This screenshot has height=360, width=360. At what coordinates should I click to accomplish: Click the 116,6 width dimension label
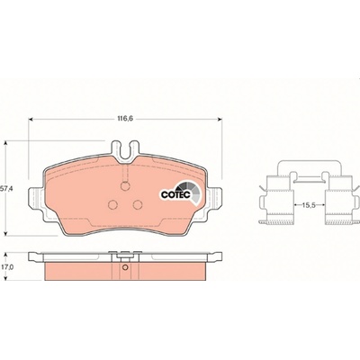point(124,119)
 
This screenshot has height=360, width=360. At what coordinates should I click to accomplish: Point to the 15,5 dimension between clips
point(309,205)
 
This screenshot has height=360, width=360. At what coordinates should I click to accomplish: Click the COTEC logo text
point(175,194)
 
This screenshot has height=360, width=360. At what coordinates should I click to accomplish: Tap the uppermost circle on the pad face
point(125,186)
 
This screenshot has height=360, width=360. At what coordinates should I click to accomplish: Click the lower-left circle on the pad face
point(112,204)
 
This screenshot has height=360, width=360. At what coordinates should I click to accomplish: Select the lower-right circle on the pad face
point(138,204)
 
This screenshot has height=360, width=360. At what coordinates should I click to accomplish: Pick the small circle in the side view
point(125,268)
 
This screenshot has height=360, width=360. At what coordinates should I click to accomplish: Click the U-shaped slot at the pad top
point(125,151)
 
